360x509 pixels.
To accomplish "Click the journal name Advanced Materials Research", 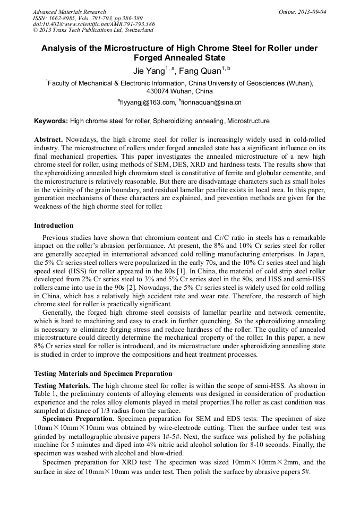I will (x=69, y=12).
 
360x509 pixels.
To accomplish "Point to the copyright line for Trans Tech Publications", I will (x=93, y=30).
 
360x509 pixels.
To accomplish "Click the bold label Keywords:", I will (x=51, y=121).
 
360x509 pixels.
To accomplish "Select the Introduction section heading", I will (x=54, y=226).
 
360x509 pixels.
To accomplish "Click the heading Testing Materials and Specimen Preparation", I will (x=103, y=373).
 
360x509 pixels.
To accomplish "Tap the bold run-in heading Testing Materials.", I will (x=62, y=385).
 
